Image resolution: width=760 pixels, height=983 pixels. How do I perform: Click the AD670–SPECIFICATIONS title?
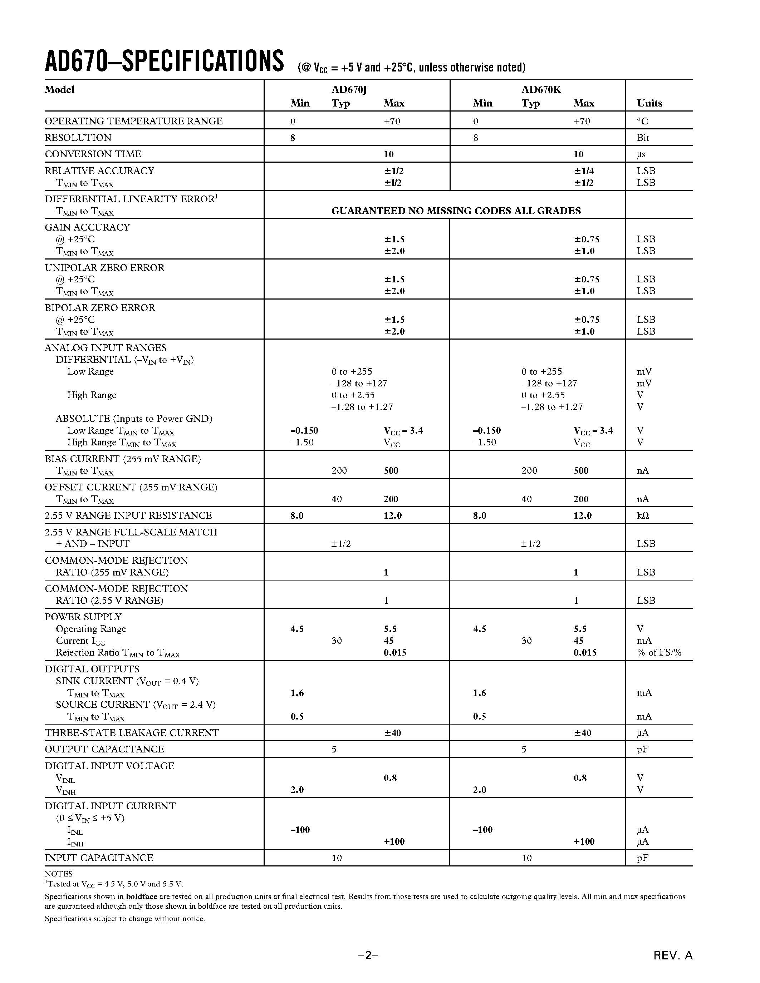pyautogui.click(x=164, y=62)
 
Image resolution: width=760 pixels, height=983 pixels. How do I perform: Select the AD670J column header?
pyautogui.click(x=349, y=90)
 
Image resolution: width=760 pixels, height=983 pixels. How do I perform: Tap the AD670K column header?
pyautogui.click(x=541, y=90)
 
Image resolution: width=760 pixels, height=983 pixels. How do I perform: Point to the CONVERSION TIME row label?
pyautogui.click(x=93, y=154)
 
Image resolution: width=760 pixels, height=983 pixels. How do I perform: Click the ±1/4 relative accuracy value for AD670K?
pyautogui.click(x=584, y=171)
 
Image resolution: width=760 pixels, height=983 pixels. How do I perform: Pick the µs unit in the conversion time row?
pyautogui.click(x=641, y=154)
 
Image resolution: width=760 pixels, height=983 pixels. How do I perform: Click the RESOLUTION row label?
pyautogui.click(x=78, y=138)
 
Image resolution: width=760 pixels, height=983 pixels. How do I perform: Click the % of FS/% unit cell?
pyautogui.click(x=659, y=653)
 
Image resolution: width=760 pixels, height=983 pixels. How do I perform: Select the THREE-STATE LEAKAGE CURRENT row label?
pyautogui.click(x=132, y=733)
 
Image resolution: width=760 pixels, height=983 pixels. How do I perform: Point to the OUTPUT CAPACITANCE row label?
pyautogui.click(x=104, y=749)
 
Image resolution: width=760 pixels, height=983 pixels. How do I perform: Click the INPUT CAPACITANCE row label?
pyautogui.click(x=99, y=858)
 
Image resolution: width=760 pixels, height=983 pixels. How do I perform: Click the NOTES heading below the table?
pyautogui.click(x=59, y=874)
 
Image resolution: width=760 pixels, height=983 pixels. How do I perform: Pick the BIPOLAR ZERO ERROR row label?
pyautogui.click(x=99, y=308)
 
